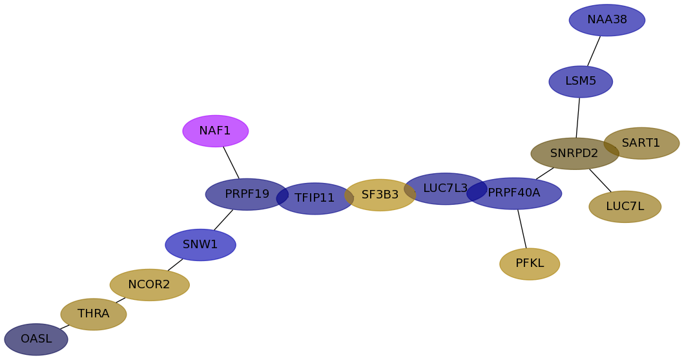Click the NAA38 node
[606, 20]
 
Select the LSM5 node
[581, 81]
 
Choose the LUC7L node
[625, 207]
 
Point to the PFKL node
[530, 264]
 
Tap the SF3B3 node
[380, 195]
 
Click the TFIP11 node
[315, 198]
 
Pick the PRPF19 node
[245, 194]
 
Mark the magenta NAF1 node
[215, 131]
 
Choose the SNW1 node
[200, 245]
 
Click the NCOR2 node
[149, 285]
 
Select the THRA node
[94, 314]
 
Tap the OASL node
[36, 339]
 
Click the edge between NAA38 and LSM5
[594, 51]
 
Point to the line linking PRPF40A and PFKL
[522, 229]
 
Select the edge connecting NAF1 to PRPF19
[231, 163]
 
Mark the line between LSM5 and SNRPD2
[578, 118]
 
